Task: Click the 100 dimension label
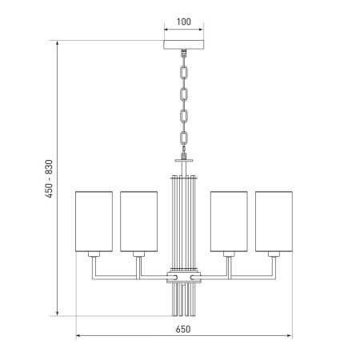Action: [184, 22]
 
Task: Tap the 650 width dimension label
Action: [183, 329]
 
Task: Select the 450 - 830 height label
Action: [49, 178]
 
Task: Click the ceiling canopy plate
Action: [183, 45]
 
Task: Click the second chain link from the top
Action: [184, 94]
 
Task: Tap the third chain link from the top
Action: [184, 116]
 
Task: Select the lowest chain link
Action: [184, 138]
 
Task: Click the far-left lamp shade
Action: [94, 222]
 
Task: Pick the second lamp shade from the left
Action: [138, 222]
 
